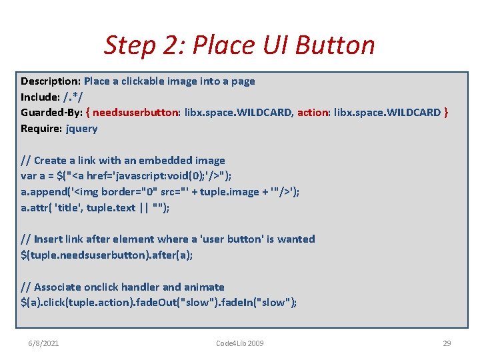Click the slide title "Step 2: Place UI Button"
click(x=239, y=45)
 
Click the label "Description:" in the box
click(x=51, y=81)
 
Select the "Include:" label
click(x=41, y=97)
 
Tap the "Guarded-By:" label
click(x=53, y=113)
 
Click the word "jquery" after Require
click(x=81, y=129)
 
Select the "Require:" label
click(x=42, y=129)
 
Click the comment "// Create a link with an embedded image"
click(x=123, y=160)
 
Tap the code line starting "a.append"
click(x=160, y=192)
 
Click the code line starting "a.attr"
click(x=95, y=208)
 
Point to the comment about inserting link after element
click(x=168, y=239)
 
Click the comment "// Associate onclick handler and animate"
click(x=123, y=287)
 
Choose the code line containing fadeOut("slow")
click(x=159, y=303)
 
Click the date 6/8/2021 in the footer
click(x=43, y=343)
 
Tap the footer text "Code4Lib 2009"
click(x=240, y=343)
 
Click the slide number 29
click(x=447, y=343)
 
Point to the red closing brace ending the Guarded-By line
click(x=446, y=113)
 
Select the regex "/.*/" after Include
click(x=74, y=97)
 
